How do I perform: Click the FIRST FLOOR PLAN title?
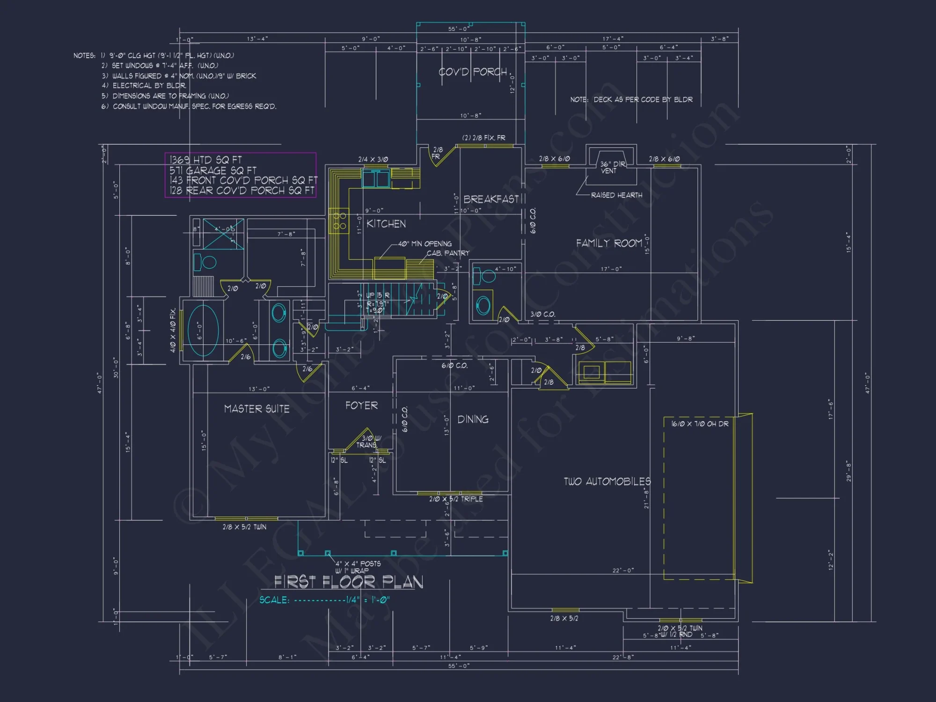tap(349, 582)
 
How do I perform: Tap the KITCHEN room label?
tap(386, 224)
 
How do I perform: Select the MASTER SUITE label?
tap(256, 409)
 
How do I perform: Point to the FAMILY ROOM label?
tap(609, 243)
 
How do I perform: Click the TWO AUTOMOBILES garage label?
tap(607, 482)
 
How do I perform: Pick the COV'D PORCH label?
tap(473, 72)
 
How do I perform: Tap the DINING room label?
tap(473, 420)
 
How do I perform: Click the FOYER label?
tap(361, 406)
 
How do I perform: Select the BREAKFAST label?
tap(491, 199)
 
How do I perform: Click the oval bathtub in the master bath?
tap(203, 331)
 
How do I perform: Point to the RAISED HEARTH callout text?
tap(616, 195)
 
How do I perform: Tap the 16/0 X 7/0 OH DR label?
tap(700, 424)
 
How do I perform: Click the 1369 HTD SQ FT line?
tap(205, 160)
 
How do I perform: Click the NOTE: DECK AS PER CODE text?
tap(631, 100)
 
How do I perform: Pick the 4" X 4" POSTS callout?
tap(358, 564)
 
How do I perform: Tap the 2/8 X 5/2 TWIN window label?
tap(244, 527)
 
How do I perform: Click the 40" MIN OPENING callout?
tap(424, 244)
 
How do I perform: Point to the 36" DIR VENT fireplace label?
tap(612, 168)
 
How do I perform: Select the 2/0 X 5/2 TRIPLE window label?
tap(456, 499)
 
